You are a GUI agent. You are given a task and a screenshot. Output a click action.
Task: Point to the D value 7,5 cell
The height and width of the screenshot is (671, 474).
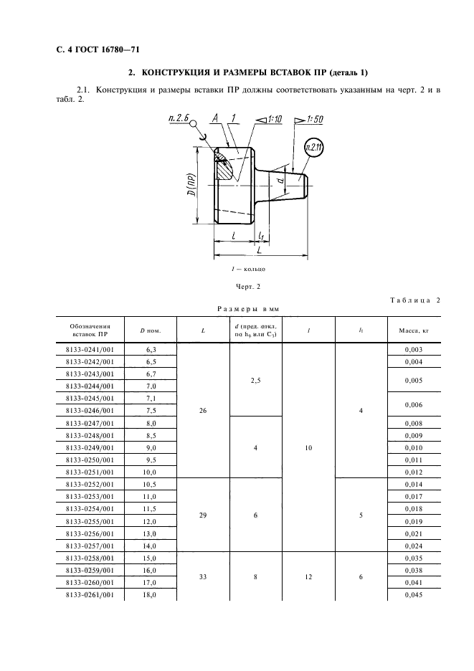pyautogui.click(x=151, y=411)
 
